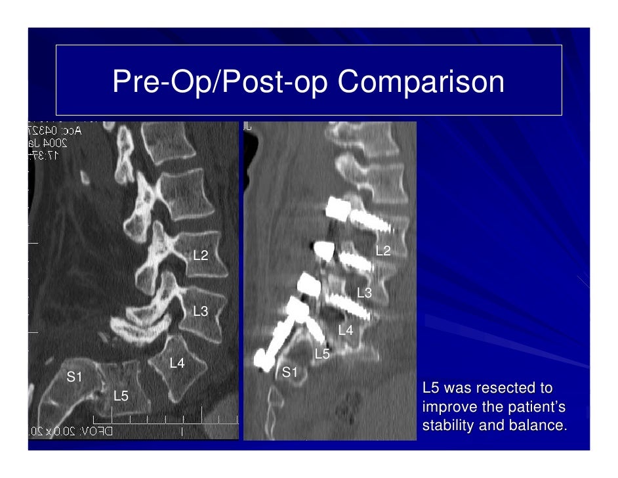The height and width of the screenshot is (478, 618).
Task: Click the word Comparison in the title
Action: click(422, 82)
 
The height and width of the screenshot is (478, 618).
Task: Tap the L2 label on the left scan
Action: click(200, 255)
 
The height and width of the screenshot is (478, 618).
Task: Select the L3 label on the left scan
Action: click(200, 311)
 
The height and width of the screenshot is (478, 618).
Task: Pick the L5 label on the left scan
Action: click(121, 396)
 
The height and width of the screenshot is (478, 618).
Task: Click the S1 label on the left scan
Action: click(74, 377)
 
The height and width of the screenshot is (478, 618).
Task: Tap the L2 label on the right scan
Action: click(383, 251)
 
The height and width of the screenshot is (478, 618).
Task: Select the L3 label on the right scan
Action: click(364, 293)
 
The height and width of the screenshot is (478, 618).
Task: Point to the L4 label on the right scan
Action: click(345, 330)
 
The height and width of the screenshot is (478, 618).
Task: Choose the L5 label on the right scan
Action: click(322, 355)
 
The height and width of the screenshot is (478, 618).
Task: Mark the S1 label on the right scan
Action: click(289, 372)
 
